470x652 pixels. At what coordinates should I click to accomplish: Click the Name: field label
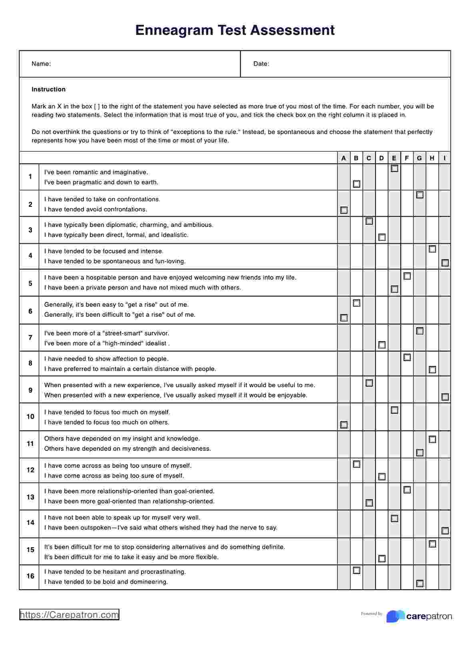pyautogui.click(x=41, y=64)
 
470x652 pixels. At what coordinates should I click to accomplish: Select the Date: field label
pyautogui.click(x=261, y=64)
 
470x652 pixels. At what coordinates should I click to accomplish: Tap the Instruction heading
pyautogui.click(x=48, y=89)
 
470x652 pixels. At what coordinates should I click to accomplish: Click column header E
pyautogui.click(x=394, y=158)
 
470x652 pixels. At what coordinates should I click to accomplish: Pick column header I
pyautogui.click(x=445, y=158)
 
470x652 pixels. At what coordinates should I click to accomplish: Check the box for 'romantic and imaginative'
pyautogui.click(x=394, y=169)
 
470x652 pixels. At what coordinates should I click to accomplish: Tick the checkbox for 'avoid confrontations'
pyautogui.click(x=344, y=210)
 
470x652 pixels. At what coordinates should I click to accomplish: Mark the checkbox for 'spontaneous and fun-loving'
pyautogui.click(x=445, y=263)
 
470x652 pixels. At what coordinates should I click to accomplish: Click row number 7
pyautogui.click(x=30, y=338)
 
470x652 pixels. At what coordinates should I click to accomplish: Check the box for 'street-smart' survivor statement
pyautogui.click(x=420, y=331)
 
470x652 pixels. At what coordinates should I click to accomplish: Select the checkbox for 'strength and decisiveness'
pyautogui.click(x=420, y=452)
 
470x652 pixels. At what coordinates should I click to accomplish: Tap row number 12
pyautogui.click(x=30, y=470)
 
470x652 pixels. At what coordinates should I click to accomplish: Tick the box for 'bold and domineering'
pyautogui.click(x=420, y=583)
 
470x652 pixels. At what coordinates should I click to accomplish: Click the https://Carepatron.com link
pyautogui.click(x=69, y=615)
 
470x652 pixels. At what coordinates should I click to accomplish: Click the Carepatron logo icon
pyautogui.click(x=395, y=616)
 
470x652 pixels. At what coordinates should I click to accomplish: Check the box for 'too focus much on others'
pyautogui.click(x=344, y=424)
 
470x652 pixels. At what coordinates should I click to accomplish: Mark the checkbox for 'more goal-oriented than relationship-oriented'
pyautogui.click(x=369, y=503)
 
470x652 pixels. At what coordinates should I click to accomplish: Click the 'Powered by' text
pyautogui.click(x=372, y=614)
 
